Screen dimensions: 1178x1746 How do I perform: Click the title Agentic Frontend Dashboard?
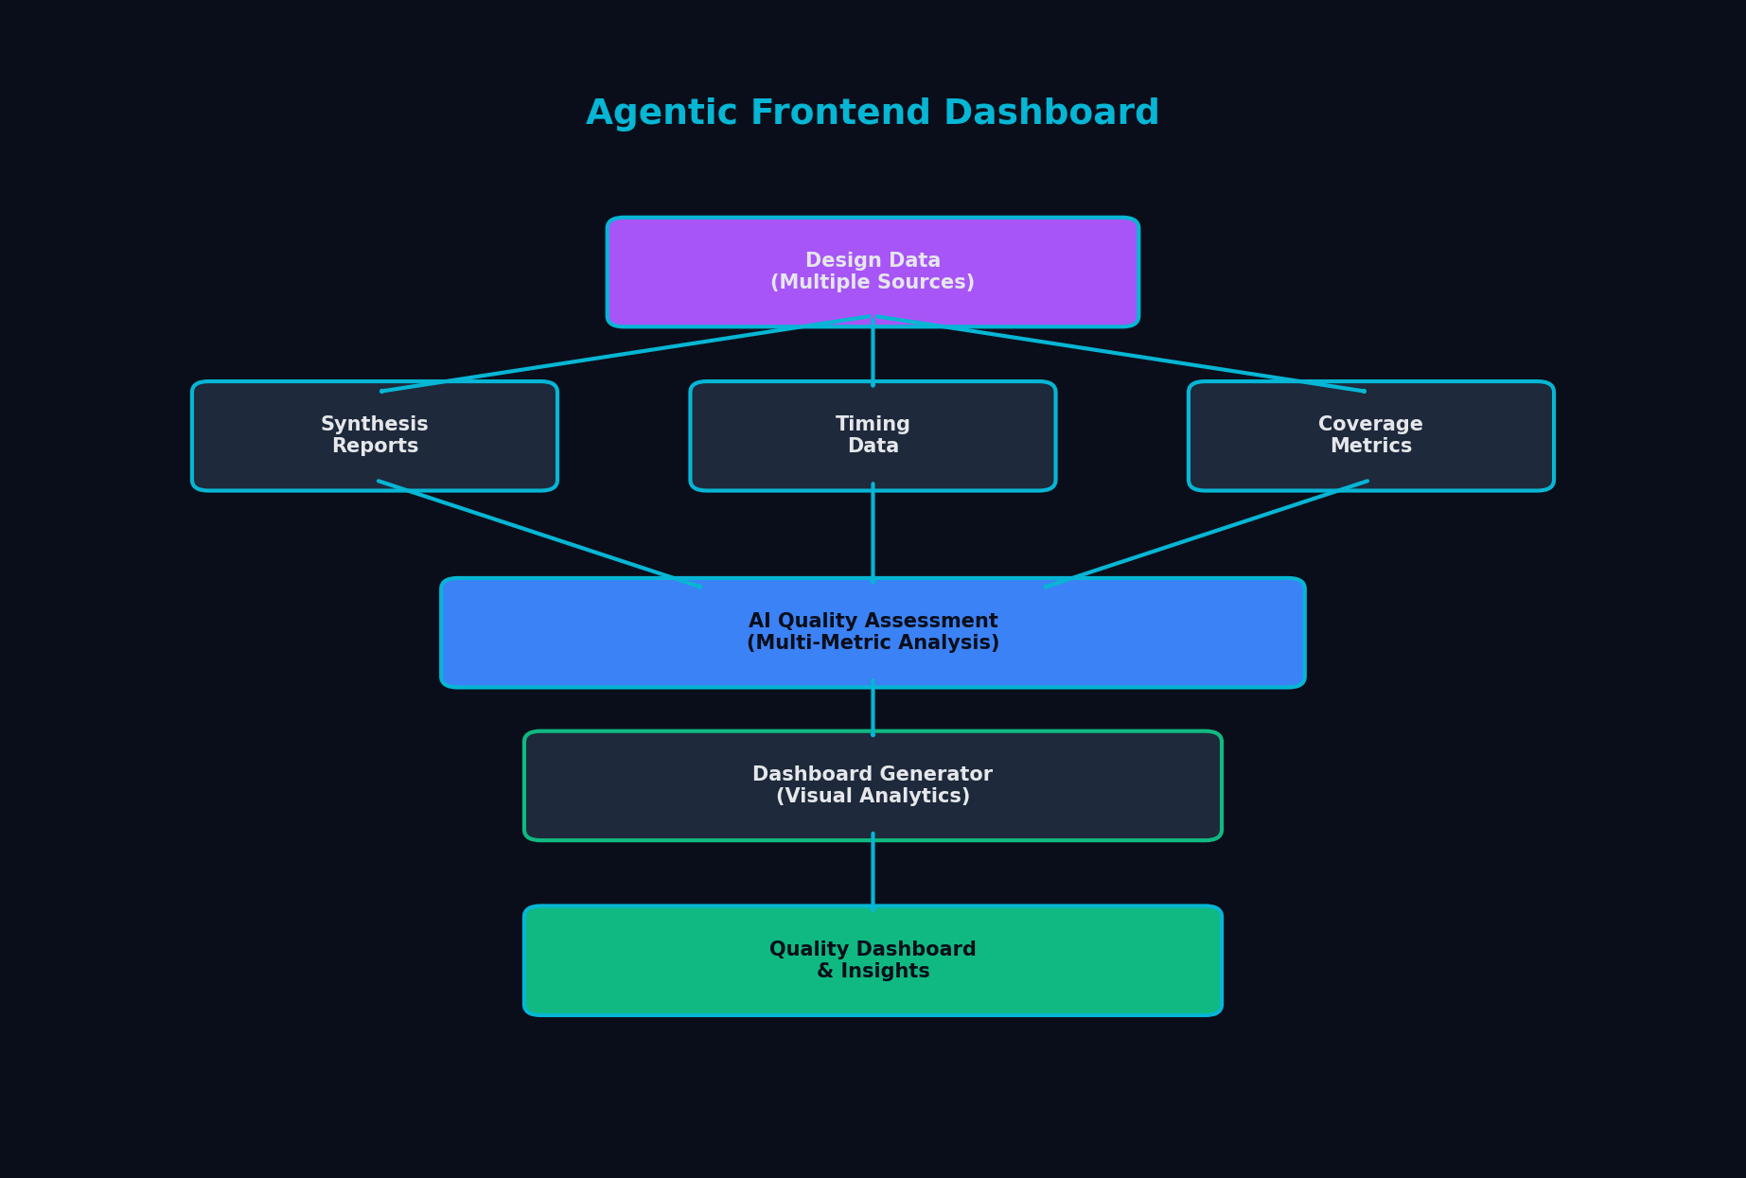(x=872, y=114)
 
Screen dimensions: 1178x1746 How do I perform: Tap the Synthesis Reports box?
(x=375, y=436)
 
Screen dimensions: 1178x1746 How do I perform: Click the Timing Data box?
(x=872, y=436)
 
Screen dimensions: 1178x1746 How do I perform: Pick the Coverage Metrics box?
(x=1370, y=436)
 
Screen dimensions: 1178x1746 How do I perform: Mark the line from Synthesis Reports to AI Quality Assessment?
(x=539, y=535)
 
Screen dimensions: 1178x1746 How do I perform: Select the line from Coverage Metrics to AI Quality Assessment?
(x=1207, y=535)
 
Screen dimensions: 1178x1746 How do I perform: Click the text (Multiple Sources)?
(x=872, y=283)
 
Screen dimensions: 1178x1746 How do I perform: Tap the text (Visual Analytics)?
(x=872, y=797)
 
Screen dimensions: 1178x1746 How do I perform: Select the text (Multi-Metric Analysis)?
(x=872, y=643)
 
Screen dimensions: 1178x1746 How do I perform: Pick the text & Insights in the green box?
(x=872, y=972)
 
